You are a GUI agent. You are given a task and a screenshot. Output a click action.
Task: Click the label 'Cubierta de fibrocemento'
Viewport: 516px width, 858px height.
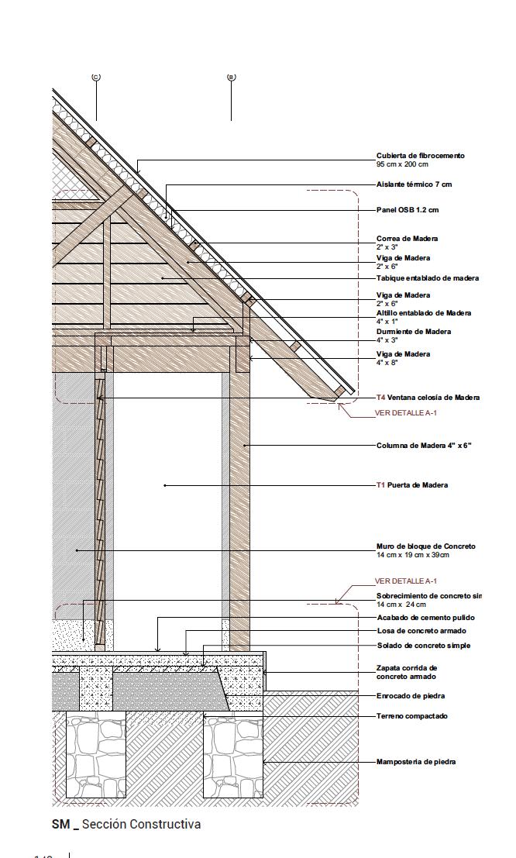click(420, 156)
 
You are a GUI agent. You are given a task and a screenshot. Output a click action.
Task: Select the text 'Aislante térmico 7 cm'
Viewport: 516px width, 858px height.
click(414, 184)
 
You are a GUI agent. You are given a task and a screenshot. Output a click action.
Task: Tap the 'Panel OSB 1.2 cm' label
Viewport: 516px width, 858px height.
click(408, 210)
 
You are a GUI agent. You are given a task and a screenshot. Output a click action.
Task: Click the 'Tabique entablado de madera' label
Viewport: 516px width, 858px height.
click(427, 278)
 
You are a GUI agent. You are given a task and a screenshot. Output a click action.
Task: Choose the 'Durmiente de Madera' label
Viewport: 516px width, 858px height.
click(413, 332)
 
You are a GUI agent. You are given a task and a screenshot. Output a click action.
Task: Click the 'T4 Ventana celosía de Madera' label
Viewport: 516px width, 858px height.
click(428, 398)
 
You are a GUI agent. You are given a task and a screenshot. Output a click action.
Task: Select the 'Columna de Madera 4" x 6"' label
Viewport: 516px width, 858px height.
click(423, 446)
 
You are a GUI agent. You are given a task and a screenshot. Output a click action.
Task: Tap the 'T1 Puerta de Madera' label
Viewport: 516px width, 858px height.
click(411, 485)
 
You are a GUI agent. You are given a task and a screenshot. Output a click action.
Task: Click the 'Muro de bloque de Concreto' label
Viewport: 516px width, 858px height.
click(425, 546)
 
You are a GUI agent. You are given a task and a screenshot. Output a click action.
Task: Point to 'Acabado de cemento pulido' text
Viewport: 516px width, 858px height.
click(425, 618)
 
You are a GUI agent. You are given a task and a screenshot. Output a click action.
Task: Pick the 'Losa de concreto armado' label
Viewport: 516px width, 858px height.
click(421, 631)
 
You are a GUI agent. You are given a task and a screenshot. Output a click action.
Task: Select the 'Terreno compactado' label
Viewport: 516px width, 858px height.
click(411, 716)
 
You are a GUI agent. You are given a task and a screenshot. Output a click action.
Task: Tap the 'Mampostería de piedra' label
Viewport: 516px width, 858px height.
click(415, 762)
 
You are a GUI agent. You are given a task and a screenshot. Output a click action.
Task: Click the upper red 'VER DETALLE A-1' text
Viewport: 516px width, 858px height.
click(405, 413)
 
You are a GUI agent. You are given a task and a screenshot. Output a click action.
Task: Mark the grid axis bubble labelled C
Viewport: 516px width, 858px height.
click(96, 77)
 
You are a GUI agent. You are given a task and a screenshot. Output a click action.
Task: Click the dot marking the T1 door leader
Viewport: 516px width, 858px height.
click(165, 485)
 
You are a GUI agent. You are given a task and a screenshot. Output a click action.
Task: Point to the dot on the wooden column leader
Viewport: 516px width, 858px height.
click(245, 446)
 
